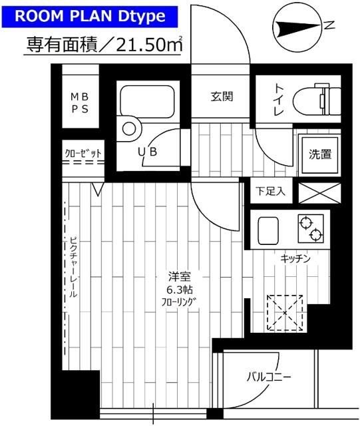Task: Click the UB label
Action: (146, 152)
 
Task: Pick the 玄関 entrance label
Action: (222, 97)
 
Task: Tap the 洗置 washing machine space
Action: (315, 154)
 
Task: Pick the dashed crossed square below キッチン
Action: (284, 312)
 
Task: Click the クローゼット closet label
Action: (83, 154)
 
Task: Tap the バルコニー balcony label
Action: (269, 377)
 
